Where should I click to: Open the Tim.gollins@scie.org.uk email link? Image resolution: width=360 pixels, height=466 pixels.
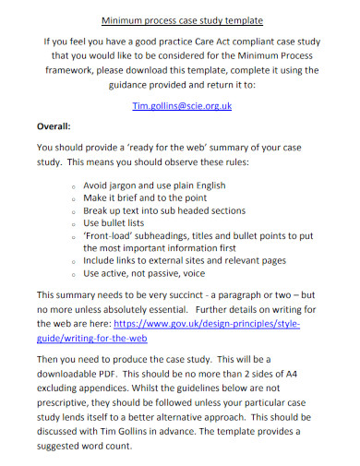tap(180, 106)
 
